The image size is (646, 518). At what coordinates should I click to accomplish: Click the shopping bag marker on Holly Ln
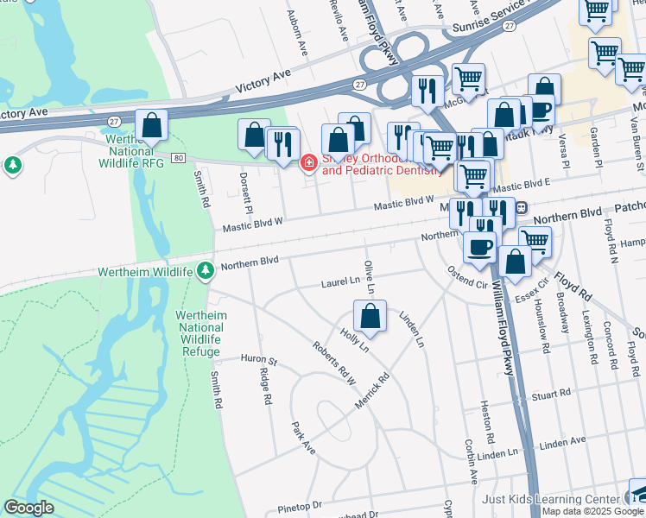coord(370,316)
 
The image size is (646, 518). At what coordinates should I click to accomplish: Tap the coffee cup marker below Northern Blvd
coord(480,248)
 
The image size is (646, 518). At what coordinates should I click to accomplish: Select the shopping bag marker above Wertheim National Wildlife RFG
coord(152,126)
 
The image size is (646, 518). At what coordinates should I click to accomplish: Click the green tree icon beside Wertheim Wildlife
coord(205,271)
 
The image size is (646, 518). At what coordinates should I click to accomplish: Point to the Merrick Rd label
coord(372,391)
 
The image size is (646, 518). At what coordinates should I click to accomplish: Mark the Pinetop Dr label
coord(300,504)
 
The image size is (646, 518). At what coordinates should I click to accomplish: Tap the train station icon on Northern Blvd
coord(522,208)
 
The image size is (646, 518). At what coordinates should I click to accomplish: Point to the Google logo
coord(28,508)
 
